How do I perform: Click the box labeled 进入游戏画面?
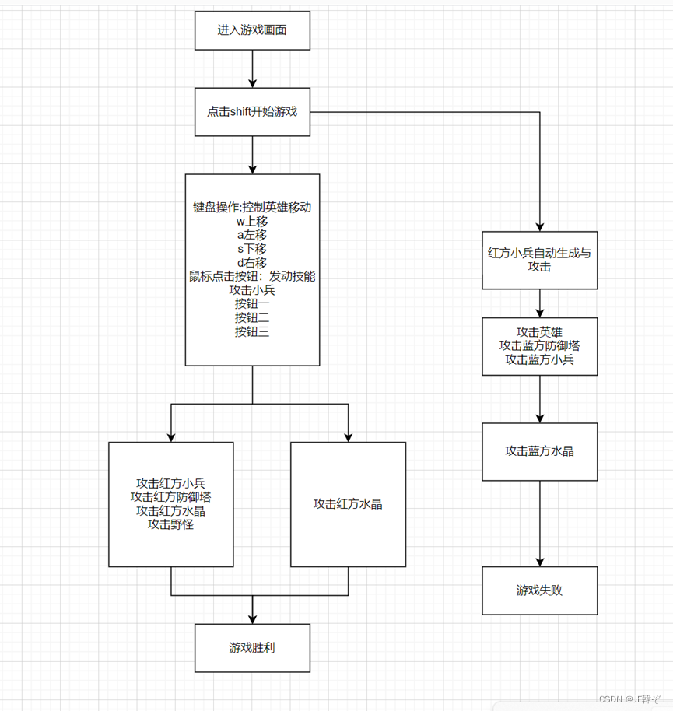[x=252, y=31]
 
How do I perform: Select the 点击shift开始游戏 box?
[x=252, y=112]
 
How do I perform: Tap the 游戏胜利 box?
[x=252, y=647]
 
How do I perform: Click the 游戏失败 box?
[x=539, y=590]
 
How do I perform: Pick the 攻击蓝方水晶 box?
[x=539, y=451]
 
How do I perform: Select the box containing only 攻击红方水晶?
[x=348, y=504]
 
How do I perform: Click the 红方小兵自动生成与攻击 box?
[x=539, y=260]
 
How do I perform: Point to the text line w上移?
[x=252, y=222]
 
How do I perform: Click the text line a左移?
[x=252, y=235]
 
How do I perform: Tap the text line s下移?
[x=252, y=249]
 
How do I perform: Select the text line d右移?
[x=252, y=263]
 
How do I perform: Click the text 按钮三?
[x=252, y=331]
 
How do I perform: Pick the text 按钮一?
[x=252, y=304]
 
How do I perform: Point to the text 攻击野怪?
[x=171, y=525]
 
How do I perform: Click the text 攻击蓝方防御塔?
[x=539, y=345]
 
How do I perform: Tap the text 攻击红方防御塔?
[x=171, y=497]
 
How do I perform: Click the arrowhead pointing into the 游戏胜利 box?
[x=252, y=618]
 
